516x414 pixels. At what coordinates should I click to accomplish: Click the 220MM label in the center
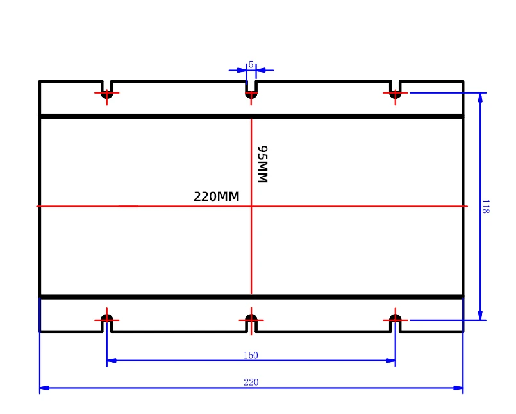point(216,197)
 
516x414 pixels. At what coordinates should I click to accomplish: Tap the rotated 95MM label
point(262,164)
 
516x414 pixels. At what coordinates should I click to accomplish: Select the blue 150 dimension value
point(251,355)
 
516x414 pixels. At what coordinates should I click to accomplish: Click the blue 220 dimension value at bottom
point(251,383)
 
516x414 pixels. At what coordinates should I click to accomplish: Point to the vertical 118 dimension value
point(485,207)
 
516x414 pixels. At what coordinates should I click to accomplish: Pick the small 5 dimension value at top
point(251,64)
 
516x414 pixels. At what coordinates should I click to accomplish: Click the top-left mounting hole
point(107,94)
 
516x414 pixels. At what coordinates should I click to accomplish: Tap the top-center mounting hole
point(251,94)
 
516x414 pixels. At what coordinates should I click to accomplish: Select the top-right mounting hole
point(395,94)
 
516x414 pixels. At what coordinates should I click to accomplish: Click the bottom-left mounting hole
point(107,318)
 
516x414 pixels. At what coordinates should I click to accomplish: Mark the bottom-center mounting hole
point(251,318)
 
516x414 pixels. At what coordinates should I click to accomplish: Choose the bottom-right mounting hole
point(395,318)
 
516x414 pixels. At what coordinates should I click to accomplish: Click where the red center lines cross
point(251,206)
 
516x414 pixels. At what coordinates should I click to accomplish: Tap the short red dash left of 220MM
point(128,206)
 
